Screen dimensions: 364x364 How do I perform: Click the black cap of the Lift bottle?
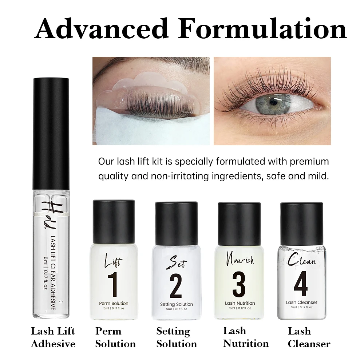(114, 221)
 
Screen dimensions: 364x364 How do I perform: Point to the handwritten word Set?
(176, 261)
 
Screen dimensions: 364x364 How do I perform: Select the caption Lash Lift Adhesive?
(53, 337)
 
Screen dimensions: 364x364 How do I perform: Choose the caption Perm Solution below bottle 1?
(115, 337)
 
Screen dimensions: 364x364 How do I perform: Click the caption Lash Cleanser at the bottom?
(309, 337)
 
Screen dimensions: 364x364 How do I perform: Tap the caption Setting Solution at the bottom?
(176, 337)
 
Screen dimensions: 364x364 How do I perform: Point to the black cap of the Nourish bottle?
(239, 223)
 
